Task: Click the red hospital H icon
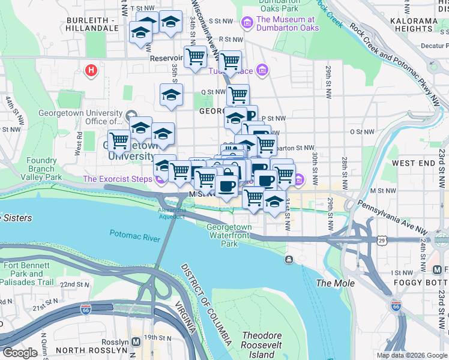[x=91, y=71]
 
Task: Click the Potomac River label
[x=135, y=235]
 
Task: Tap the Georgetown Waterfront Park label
[x=229, y=235]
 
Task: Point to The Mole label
[x=335, y=283]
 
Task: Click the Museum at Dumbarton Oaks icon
[x=246, y=23]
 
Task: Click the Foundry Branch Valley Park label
[x=41, y=169]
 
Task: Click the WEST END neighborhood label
[x=413, y=163]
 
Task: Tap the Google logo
[x=20, y=353]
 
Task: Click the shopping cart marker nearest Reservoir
[x=195, y=58]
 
